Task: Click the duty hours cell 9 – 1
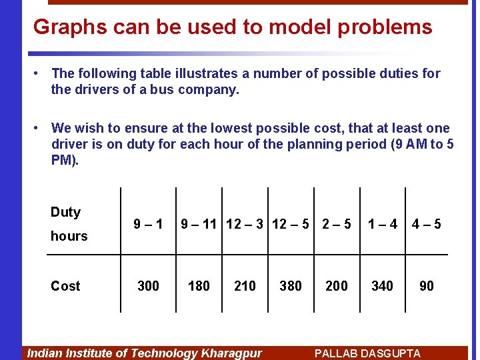tap(148, 225)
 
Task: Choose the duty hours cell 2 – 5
tap(336, 225)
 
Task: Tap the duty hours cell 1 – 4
tap(383, 225)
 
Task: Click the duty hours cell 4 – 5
tap(427, 225)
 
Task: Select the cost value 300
tap(148, 286)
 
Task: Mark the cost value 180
tap(199, 286)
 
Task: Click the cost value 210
tap(245, 286)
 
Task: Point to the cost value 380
tap(291, 286)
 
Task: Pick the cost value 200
tap(336, 286)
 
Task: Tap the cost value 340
tap(382, 286)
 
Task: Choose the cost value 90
tap(427, 286)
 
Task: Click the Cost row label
tap(65, 286)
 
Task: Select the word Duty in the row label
tap(65, 212)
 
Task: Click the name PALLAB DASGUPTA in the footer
tap(367, 353)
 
